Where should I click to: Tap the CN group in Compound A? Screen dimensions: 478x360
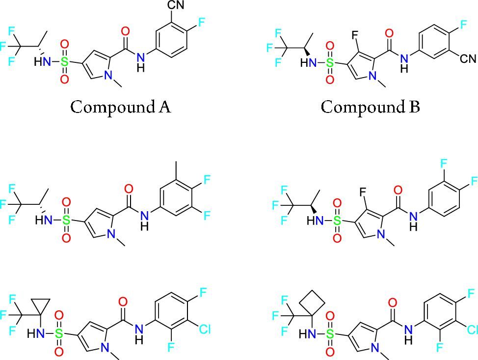click(176, 5)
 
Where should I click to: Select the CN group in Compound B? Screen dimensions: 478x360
click(468, 58)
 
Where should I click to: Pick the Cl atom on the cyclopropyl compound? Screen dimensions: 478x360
click(204, 329)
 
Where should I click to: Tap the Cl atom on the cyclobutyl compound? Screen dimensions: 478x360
click(472, 330)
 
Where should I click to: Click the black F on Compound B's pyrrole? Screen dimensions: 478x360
click(354, 35)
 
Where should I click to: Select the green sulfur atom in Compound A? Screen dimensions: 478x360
click(64, 62)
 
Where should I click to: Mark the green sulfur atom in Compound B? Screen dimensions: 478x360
click(329, 63)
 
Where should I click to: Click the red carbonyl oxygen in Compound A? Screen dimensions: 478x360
click(125, 31)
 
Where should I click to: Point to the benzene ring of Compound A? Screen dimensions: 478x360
click(172, 39)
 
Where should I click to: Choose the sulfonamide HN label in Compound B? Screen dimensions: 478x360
click(309, 63)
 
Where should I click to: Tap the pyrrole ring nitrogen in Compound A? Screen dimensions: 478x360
click(108, 74)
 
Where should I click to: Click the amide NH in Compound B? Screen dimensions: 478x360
click(404, 62)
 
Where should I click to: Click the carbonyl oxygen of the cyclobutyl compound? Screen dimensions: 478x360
click(393, 303)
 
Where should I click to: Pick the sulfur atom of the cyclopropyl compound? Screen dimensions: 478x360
click(59, 333)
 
